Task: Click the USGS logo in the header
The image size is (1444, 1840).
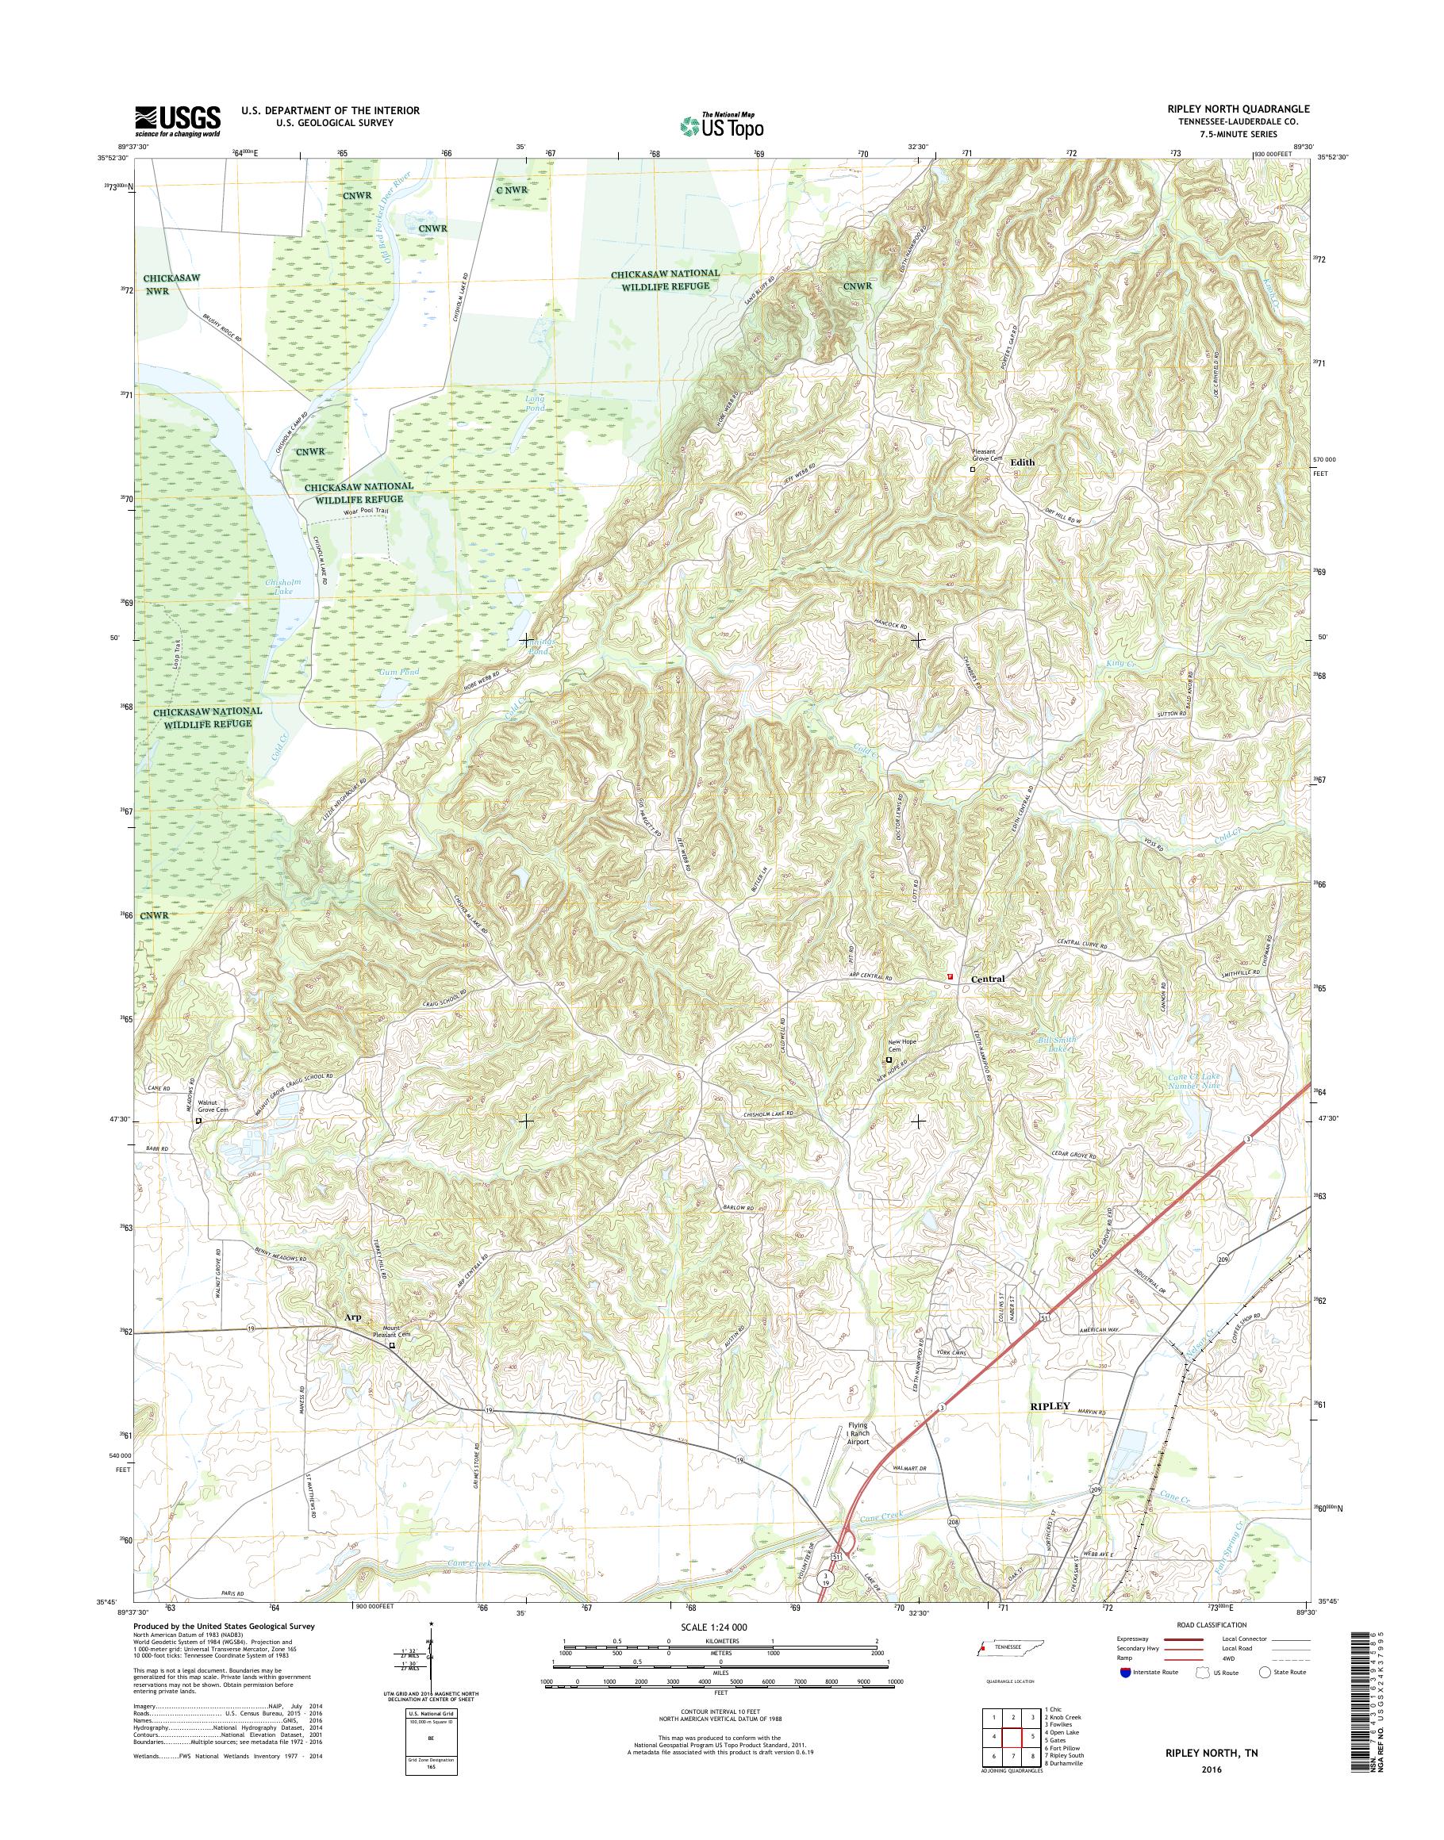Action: coord(178,121)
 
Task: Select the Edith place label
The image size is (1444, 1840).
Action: coord(1022,462)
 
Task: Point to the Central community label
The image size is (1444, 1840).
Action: coord(988,979)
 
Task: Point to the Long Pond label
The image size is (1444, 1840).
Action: coord(536,402)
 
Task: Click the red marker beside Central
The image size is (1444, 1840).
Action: coord(951,976)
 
